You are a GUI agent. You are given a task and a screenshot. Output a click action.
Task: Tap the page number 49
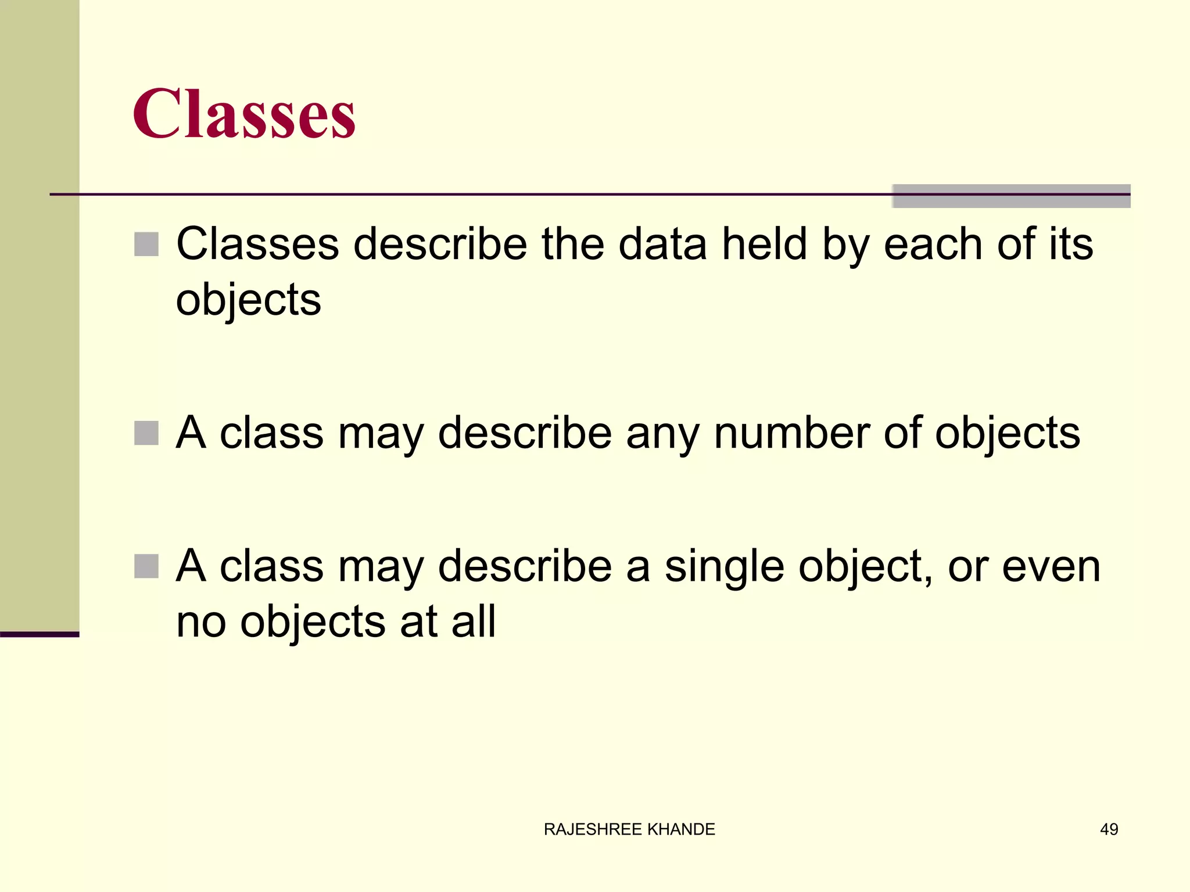point(1109,829)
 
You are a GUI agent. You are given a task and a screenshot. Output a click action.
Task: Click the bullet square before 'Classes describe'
point(146,244)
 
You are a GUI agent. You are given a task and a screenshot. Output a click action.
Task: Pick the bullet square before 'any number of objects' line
point(146,433)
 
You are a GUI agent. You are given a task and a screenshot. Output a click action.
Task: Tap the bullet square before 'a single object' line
point(146,566)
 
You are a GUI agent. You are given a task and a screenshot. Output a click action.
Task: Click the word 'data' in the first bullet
point(662,244)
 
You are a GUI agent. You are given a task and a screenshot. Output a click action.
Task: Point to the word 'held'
point(764,244)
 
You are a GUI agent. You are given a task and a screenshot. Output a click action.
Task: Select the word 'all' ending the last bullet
point(475,621)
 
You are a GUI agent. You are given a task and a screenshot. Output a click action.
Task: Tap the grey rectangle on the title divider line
point(1011,196)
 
